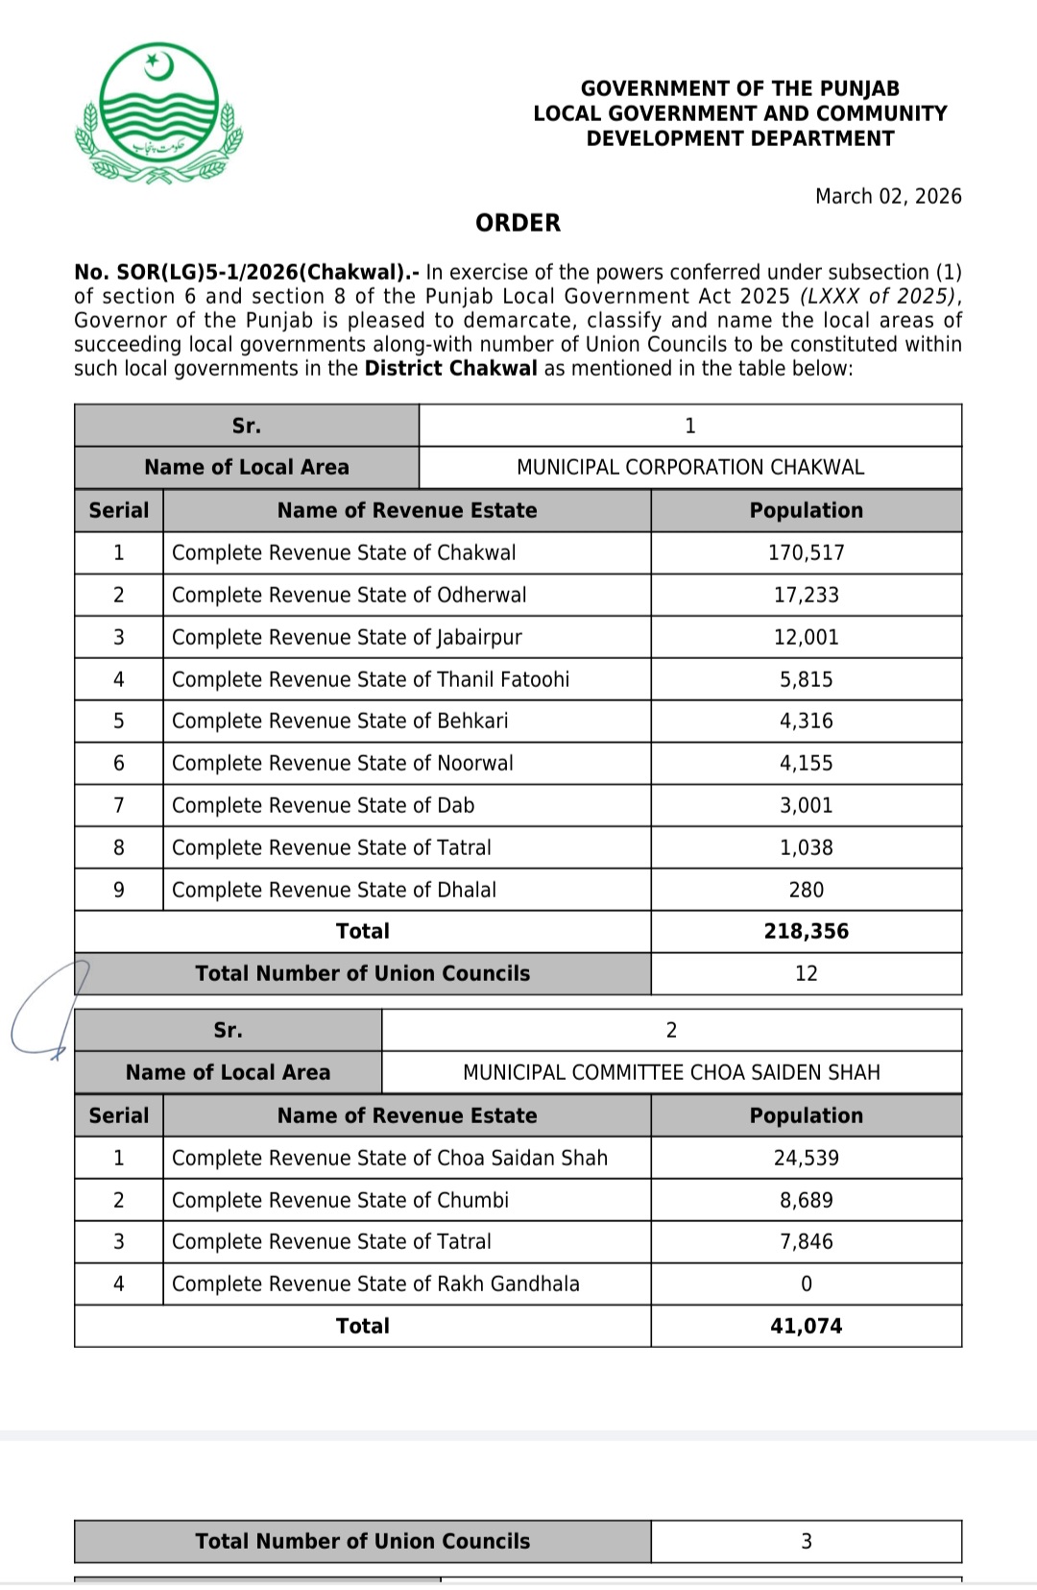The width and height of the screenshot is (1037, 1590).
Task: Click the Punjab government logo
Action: [x=158, y=113]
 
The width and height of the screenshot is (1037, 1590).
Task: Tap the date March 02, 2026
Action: [x=888, y=196]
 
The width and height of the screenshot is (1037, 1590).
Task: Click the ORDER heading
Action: [x=518, y=223]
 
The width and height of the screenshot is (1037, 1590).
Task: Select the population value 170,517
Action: [x=806, y=552]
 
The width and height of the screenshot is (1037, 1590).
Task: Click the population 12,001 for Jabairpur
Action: [x=806, y=637]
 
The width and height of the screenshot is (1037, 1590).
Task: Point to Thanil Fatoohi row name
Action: [x=371, y=679]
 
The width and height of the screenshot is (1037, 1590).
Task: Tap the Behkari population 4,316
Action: [x=806, y=721]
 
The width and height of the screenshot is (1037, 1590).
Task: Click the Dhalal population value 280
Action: [x=806, y=890]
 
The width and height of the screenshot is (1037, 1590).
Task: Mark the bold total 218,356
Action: [x=806, y=931]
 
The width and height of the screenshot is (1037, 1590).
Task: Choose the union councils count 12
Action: [x=806, y=973]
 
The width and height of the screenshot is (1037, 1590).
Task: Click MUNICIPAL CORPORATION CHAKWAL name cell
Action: [x=689, y=467]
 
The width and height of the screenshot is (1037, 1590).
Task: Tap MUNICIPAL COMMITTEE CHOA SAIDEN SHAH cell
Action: [x=671, y=1072]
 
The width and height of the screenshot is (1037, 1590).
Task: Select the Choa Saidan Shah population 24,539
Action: [x=806, y=1158]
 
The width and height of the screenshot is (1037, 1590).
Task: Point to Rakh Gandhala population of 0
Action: [x=806, y=1284]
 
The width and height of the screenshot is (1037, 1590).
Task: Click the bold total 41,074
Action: [x=806, y=1326]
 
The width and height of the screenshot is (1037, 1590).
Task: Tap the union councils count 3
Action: [x=806, y=1541]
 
